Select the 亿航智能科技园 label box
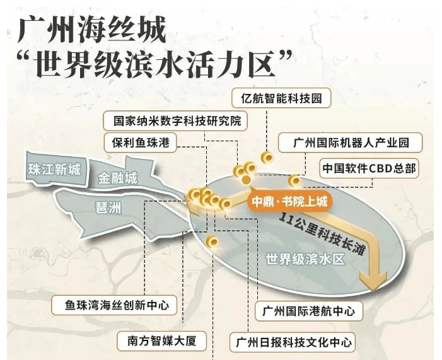tap(281, 98)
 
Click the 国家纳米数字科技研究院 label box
tap(177, 120)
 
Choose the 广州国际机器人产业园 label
tap(351, 142)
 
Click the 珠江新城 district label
tap(54, 169)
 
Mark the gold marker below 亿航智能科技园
tap(267, 157)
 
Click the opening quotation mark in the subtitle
tap(26, 61)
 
